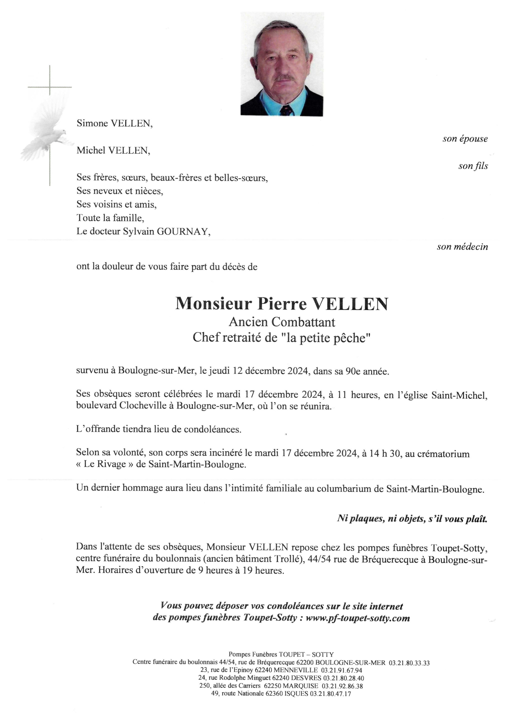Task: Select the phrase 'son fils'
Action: tap(473, 166)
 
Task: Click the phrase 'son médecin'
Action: tap(462, 247)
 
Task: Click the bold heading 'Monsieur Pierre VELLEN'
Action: tap(281, 303)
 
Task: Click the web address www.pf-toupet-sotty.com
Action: tap(358, 618)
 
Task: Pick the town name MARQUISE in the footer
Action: tap(304, 685)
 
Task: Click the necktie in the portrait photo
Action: tap(286, 110)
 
